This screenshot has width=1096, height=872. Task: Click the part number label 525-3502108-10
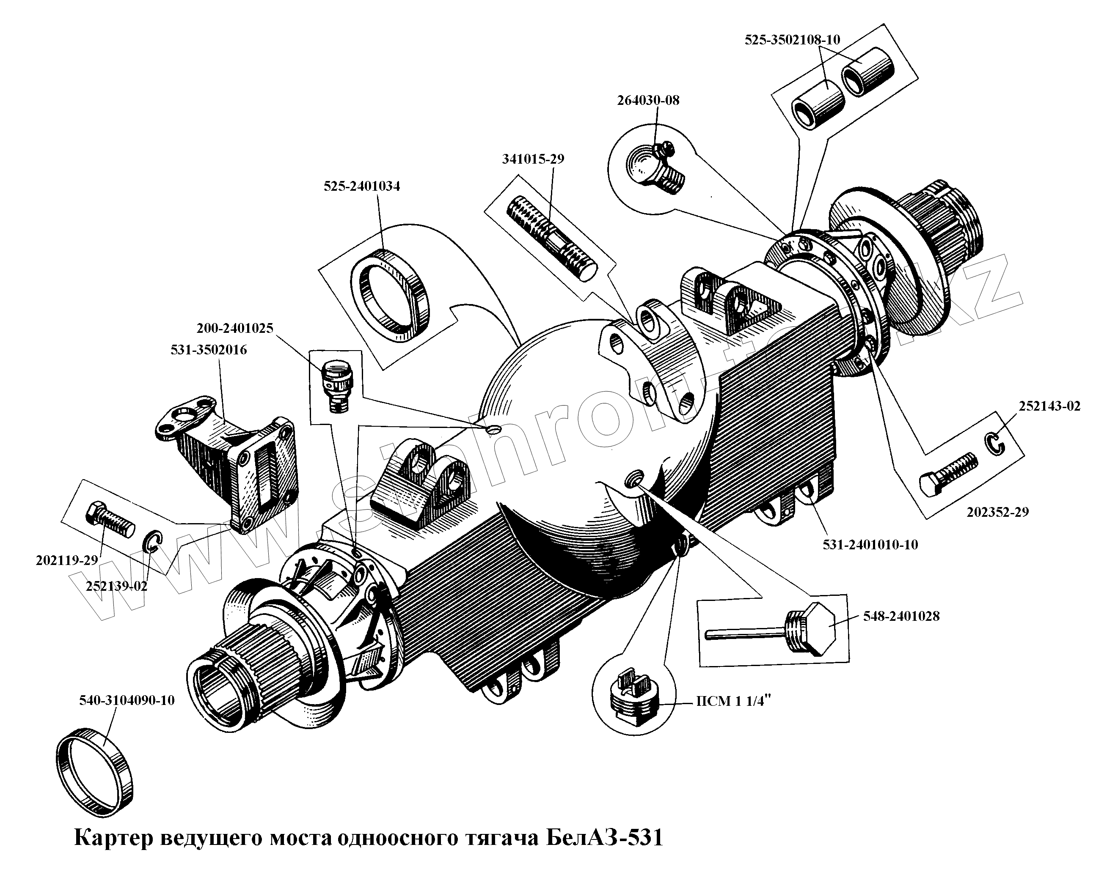pos(793,40)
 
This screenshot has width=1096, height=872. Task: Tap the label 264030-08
pos(648,100)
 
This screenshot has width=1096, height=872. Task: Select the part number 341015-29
pos(533,159)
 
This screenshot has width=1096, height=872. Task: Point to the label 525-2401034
pos(362,186)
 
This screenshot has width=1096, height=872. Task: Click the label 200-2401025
pos(235,328)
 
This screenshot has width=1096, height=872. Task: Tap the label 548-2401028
pos(901,617)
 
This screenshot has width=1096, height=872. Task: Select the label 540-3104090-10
pos(127,701)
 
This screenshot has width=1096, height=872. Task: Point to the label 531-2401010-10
pos(870,545)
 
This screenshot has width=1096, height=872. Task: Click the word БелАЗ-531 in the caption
pos(606,837)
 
